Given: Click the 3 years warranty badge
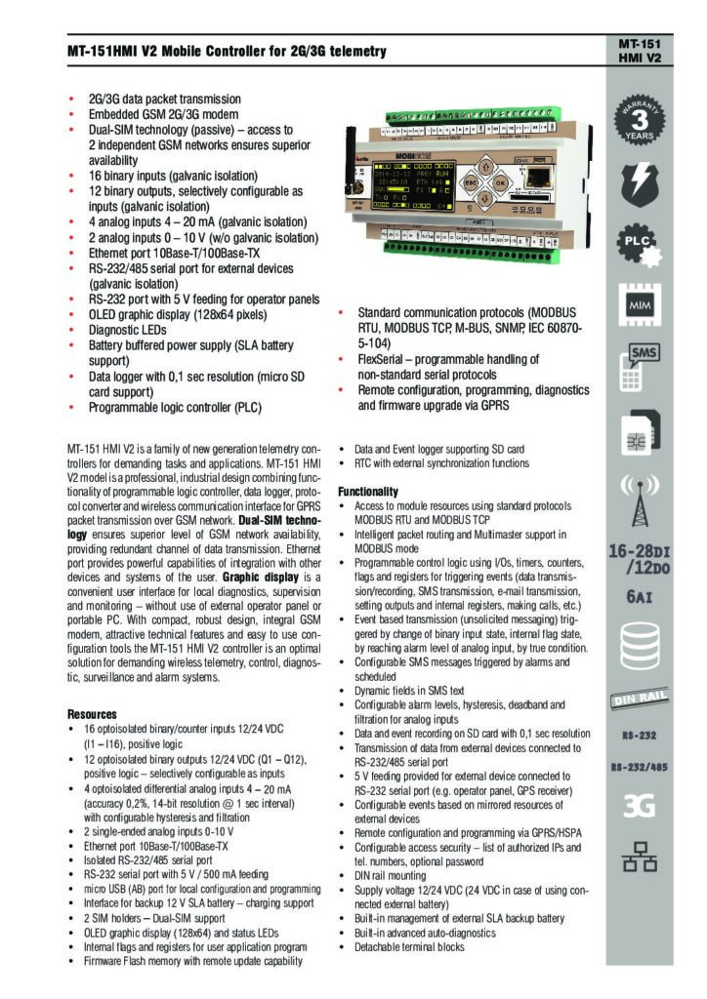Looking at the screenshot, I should pyautogui.click(x=640, y=121).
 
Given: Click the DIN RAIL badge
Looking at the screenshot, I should pyautogui.click(x=640, y=698).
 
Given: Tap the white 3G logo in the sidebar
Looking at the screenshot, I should pyautogui.click(x=640, y=806).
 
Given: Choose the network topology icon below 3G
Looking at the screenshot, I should pyautogui.click(x=640, y=857).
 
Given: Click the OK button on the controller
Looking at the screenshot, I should pyautogui.click(x=499, y=181).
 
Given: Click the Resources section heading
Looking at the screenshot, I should pyautogui.click(x=92, y=714).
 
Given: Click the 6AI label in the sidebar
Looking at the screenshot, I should pyautogui.click(x=640, y=596).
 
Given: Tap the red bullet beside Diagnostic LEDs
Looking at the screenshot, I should pyautogui.click(x=71, y=330).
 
